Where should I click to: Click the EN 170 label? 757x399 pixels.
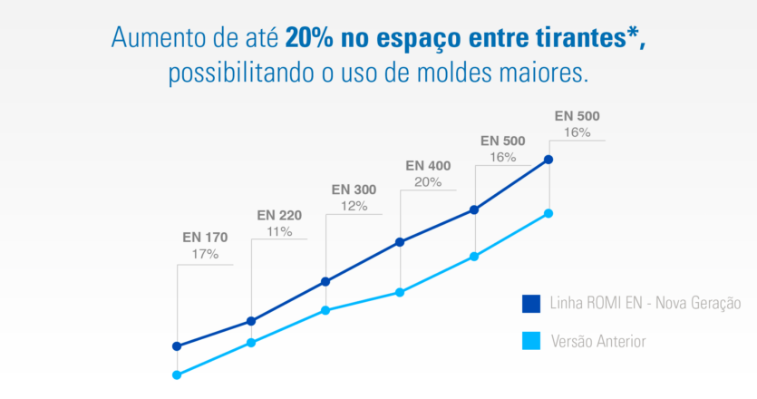pyautogui.click(x=205, y=238)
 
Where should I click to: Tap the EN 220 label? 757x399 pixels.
pyautogui.click(x=279, y=215)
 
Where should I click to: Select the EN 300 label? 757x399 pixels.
pyautogui.click(x=354, y=190)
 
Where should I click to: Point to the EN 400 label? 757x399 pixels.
pyautogui.click(x=428, y=166)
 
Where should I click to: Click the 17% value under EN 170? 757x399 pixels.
pyautogui.click(x=205, y=254)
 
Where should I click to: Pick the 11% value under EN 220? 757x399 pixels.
pyautogui.click(x=279, y=231)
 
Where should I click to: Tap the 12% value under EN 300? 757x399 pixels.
pyautogui.click(x=354, y=206)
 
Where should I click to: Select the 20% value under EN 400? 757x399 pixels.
pyautogui.click(x=428, y=182)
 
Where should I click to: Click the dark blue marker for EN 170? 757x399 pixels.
pyautogui.click(x=177, y=346)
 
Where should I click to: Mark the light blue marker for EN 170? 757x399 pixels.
pyautogui.click(x=177, y=375)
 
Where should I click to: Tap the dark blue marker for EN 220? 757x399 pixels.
pyautogui.click(x=251, y=321)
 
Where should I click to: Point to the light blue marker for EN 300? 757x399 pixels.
pyautogui.click(x=325, y=310)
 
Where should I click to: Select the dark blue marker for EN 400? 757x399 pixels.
pyautogui.click(x=400, y=242)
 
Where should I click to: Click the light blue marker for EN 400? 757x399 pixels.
pyautogui.click(x=400, y=292)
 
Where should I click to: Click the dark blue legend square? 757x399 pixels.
pyautogui.click(x=531, y=304)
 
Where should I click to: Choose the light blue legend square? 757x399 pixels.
pyautogui.click(x=531, y=341)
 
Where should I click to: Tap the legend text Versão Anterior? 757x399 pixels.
pyautogui.click(x=599, y=342)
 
